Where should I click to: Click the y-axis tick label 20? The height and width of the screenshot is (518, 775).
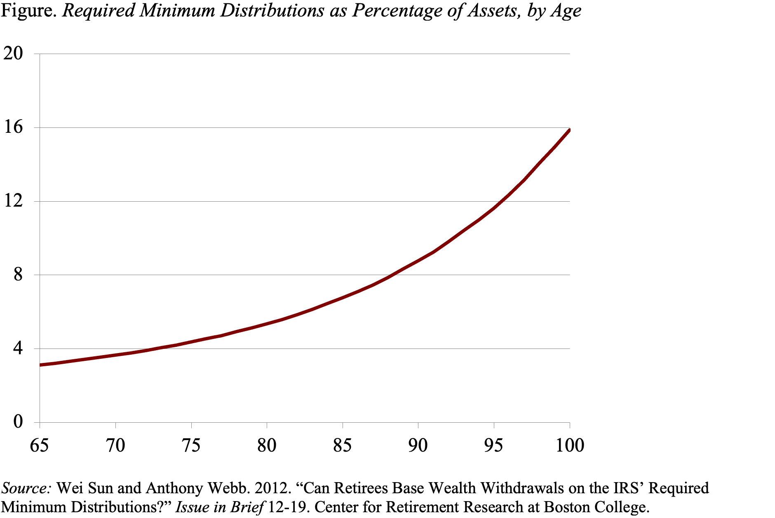point(13,54)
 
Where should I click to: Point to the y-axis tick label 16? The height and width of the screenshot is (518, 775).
point(13,127)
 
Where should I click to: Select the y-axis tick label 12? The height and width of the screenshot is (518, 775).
point(13,201)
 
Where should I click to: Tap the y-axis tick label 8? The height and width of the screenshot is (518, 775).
point(18,275)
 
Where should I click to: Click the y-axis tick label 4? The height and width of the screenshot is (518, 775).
point(18,348)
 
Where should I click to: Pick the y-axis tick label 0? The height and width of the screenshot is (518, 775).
point(18,422)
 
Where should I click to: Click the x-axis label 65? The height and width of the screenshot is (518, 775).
point(40,445)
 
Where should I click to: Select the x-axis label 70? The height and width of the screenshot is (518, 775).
point(115,445)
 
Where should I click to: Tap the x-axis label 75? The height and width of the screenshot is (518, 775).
point(191,445)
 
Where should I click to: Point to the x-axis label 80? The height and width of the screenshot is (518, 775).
point(267,445)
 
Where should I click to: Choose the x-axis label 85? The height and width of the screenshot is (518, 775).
point(342,445)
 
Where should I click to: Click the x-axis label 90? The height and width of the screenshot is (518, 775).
point(418,445)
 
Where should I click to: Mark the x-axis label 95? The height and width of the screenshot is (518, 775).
point(493,445)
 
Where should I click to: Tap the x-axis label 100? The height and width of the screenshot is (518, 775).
point(570,445)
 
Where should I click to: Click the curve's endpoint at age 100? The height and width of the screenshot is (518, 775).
point(569,130)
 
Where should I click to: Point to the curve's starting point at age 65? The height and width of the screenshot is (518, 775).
point(40,365)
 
